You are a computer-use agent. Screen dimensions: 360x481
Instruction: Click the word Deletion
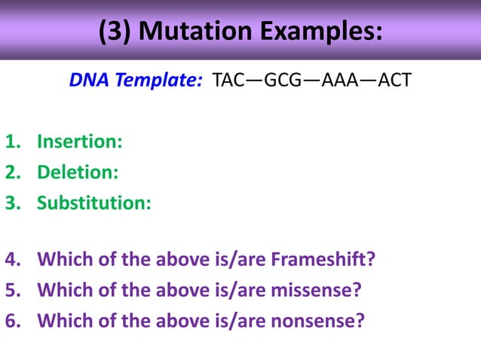point(78,172)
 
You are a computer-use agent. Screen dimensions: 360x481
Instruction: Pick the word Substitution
point(93,203)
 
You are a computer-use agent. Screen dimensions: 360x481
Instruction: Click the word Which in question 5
point(60,291)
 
